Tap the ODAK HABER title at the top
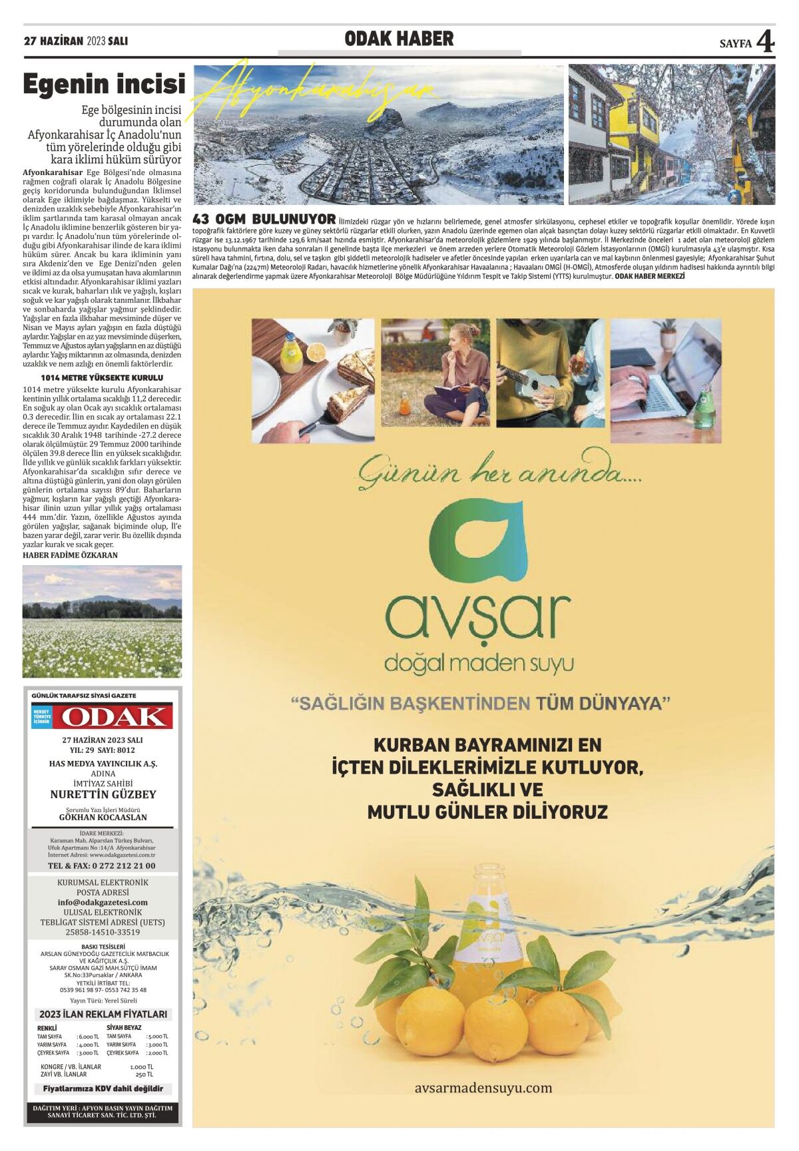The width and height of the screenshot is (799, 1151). (399, 39)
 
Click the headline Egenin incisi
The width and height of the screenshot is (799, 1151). (104, 85)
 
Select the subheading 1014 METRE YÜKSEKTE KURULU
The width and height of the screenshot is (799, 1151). (102, 377)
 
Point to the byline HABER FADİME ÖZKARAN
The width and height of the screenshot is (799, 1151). (70, 555)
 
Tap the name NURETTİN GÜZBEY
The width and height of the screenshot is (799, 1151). (103, 794)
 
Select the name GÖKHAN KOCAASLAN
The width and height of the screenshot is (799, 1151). (103, 817)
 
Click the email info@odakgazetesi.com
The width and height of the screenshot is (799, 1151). (103, 902)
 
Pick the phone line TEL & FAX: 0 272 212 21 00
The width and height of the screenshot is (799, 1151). (102, 865)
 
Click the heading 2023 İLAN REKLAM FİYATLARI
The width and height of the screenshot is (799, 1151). (103, 1014)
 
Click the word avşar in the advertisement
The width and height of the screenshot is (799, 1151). (478, 616)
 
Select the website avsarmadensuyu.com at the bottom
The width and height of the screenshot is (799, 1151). (483, 1088)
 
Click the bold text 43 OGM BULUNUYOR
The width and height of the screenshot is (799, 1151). (264, 219)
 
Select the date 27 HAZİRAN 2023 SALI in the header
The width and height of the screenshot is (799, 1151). (75, 41)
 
